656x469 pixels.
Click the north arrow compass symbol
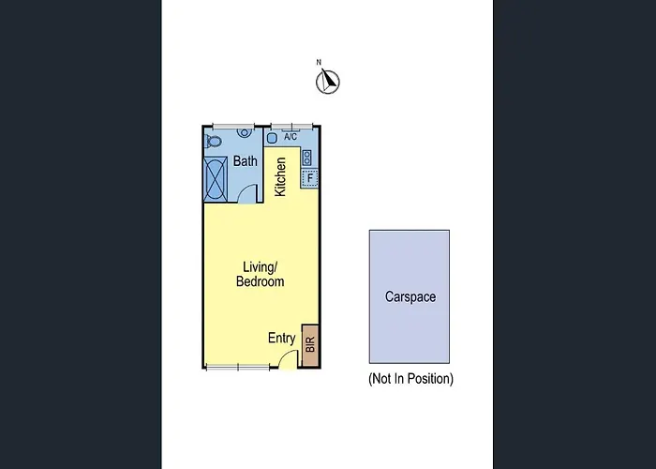328,82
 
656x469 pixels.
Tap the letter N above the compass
319,63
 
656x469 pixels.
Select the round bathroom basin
245,132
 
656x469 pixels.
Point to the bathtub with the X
216,179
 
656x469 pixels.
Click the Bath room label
246,160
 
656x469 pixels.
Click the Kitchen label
280,176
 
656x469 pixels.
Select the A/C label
291,137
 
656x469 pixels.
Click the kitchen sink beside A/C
272,137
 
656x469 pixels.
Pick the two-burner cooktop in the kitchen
307,158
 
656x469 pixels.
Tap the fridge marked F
309,178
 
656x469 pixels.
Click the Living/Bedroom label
261,274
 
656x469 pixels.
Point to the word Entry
281,338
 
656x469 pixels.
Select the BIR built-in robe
310,345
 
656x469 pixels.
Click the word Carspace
410,297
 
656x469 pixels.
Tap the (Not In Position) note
410,379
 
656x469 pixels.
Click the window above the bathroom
233,126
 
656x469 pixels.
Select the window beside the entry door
238,368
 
